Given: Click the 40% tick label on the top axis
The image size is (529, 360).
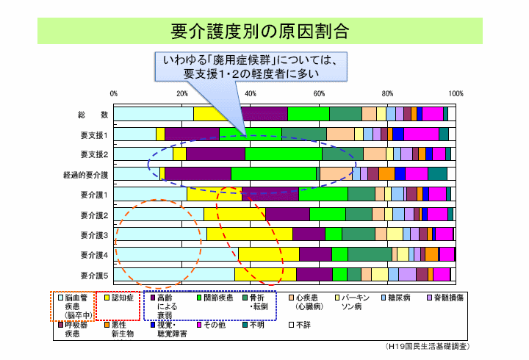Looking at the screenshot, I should [x=251, y=94].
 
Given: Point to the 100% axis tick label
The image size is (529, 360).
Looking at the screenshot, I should [x=455, y=94].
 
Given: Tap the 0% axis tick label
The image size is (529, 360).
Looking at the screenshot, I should [x=114, y=94].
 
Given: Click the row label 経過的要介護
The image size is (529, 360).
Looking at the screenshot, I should [x=86, y=175].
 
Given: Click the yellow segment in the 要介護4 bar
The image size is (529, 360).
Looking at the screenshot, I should [x=268, y=254].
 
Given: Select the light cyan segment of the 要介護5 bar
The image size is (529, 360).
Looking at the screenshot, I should [x=174, y=274].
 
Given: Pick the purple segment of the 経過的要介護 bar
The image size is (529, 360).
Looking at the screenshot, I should [x=198, y=174].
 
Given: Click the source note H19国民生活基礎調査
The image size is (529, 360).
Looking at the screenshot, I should [x=427, y=345].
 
